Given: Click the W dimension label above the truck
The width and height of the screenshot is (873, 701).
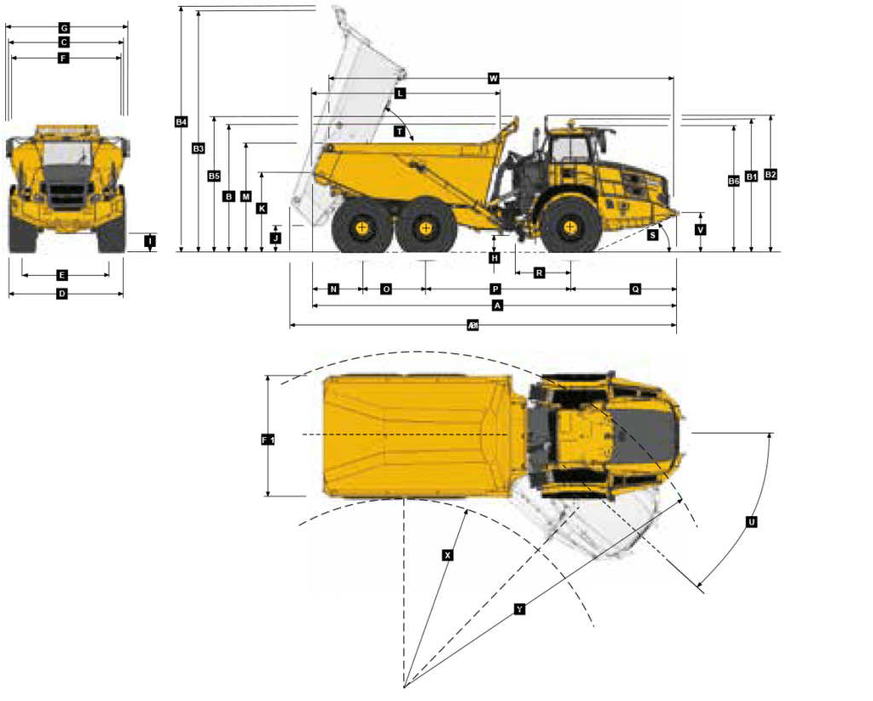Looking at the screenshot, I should pos(494,78).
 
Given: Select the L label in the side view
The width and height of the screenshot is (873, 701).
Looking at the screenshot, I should pos(400,93).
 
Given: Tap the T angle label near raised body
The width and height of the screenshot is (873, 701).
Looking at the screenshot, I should pos(399,131).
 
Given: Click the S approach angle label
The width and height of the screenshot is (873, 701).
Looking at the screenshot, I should pos(653,234).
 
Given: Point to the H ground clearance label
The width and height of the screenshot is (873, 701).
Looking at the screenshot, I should pos(494,257).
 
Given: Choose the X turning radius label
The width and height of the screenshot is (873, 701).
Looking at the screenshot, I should pos(448,555).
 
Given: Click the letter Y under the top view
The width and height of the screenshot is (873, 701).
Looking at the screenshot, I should pos(519,609).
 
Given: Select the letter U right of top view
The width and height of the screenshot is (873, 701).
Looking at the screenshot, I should pos(752,522).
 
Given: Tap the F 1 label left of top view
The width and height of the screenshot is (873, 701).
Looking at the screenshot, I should pos(268,440).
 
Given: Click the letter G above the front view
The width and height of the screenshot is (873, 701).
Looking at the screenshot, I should pos(64,28).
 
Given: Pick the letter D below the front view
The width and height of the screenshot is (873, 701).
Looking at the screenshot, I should pos(62,294).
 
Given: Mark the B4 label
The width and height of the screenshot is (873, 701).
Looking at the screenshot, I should pos(181,123).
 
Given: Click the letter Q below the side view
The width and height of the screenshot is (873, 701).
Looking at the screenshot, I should pos(635,290).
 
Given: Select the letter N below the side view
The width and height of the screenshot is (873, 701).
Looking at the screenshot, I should pos(333,290).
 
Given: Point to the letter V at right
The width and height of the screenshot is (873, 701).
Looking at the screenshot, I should pos(701,230).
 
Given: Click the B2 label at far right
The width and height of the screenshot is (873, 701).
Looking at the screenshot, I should pos(771,175).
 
